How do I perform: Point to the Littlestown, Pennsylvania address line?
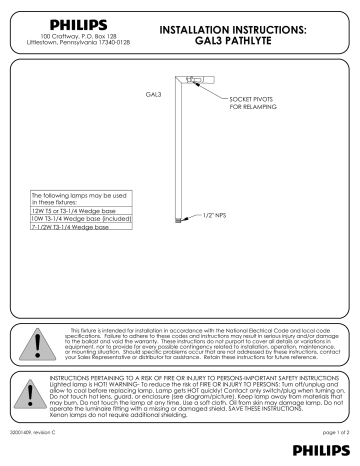(67, 41)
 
